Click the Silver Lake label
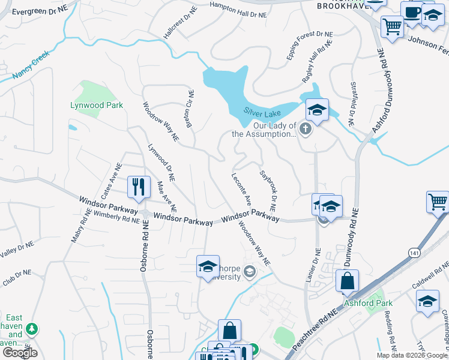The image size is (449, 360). tap(263, 112)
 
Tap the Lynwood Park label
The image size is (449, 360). tap(97, 105)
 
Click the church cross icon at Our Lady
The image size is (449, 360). tap(306, 129)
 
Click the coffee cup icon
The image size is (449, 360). tap(412, 13)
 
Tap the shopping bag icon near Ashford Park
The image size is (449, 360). tap(347, 280)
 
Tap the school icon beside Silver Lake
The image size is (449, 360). tap(317, 110)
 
